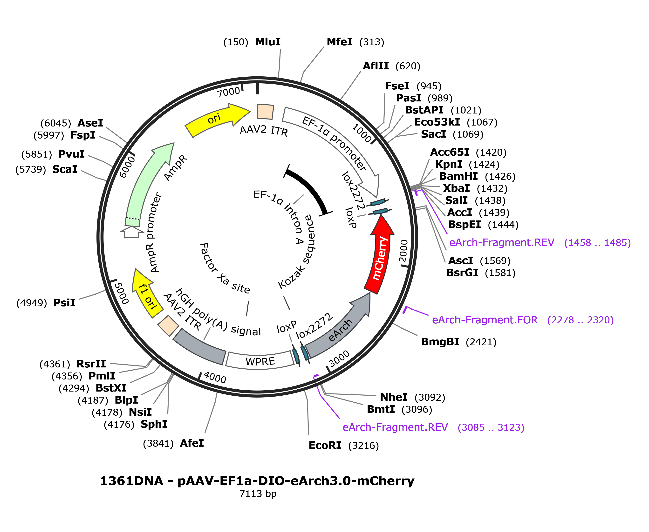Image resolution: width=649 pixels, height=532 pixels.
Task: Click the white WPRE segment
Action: [260, 361]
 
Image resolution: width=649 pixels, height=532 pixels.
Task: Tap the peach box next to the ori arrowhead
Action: [265, 112]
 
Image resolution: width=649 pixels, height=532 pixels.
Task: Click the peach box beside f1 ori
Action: [168, 326]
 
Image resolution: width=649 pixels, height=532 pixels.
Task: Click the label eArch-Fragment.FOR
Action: [485, 320]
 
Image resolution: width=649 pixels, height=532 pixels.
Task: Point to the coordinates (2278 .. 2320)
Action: [580, 320]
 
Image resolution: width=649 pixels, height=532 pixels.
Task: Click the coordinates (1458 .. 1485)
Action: [597, 243]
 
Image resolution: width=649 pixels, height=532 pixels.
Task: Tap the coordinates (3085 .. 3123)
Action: [491, 427]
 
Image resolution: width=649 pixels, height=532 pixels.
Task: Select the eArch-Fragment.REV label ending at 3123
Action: [395, 427]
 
